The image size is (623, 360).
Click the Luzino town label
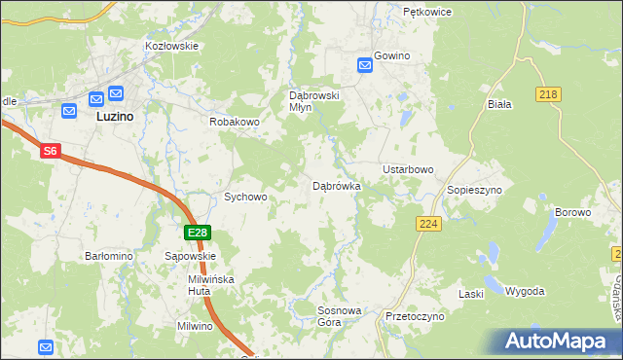115,115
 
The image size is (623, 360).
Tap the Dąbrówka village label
337,185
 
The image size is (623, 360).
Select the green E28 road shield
198,233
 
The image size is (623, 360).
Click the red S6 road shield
51,152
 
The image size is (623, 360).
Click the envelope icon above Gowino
365,65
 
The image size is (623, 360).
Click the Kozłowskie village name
171,46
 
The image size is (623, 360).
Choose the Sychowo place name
245,197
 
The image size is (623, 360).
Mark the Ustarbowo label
408,169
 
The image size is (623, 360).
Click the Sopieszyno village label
474,190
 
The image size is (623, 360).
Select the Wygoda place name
525,292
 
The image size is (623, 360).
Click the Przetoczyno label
415,317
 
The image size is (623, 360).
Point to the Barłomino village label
109,256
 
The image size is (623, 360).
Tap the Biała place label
498,102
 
